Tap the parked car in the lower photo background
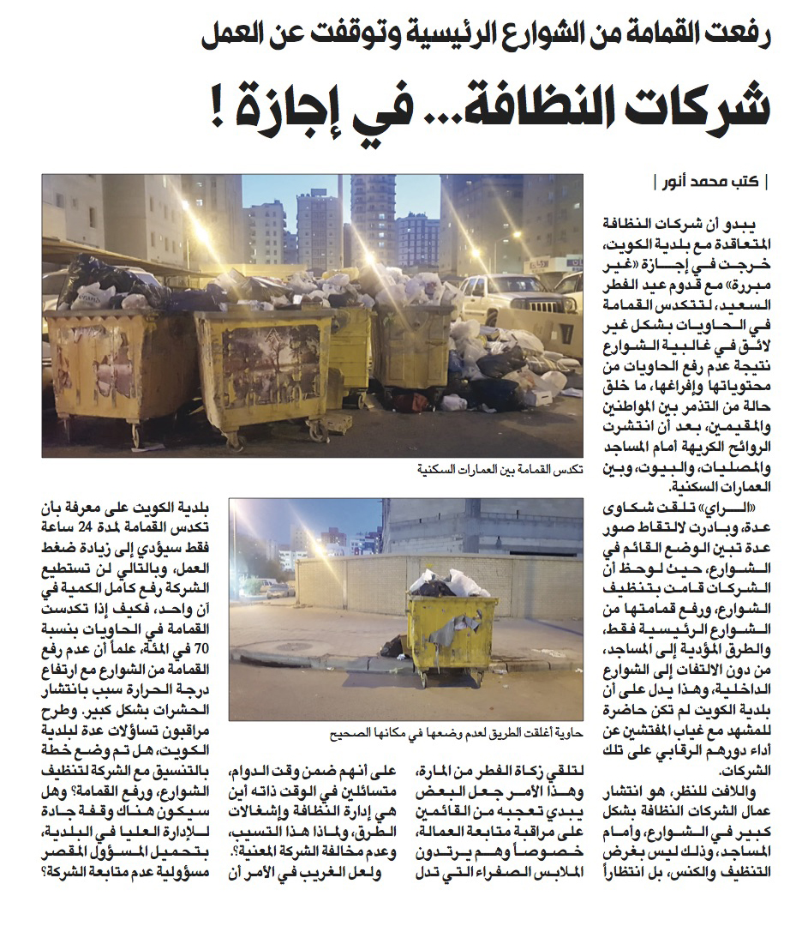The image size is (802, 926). pos(276,589)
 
